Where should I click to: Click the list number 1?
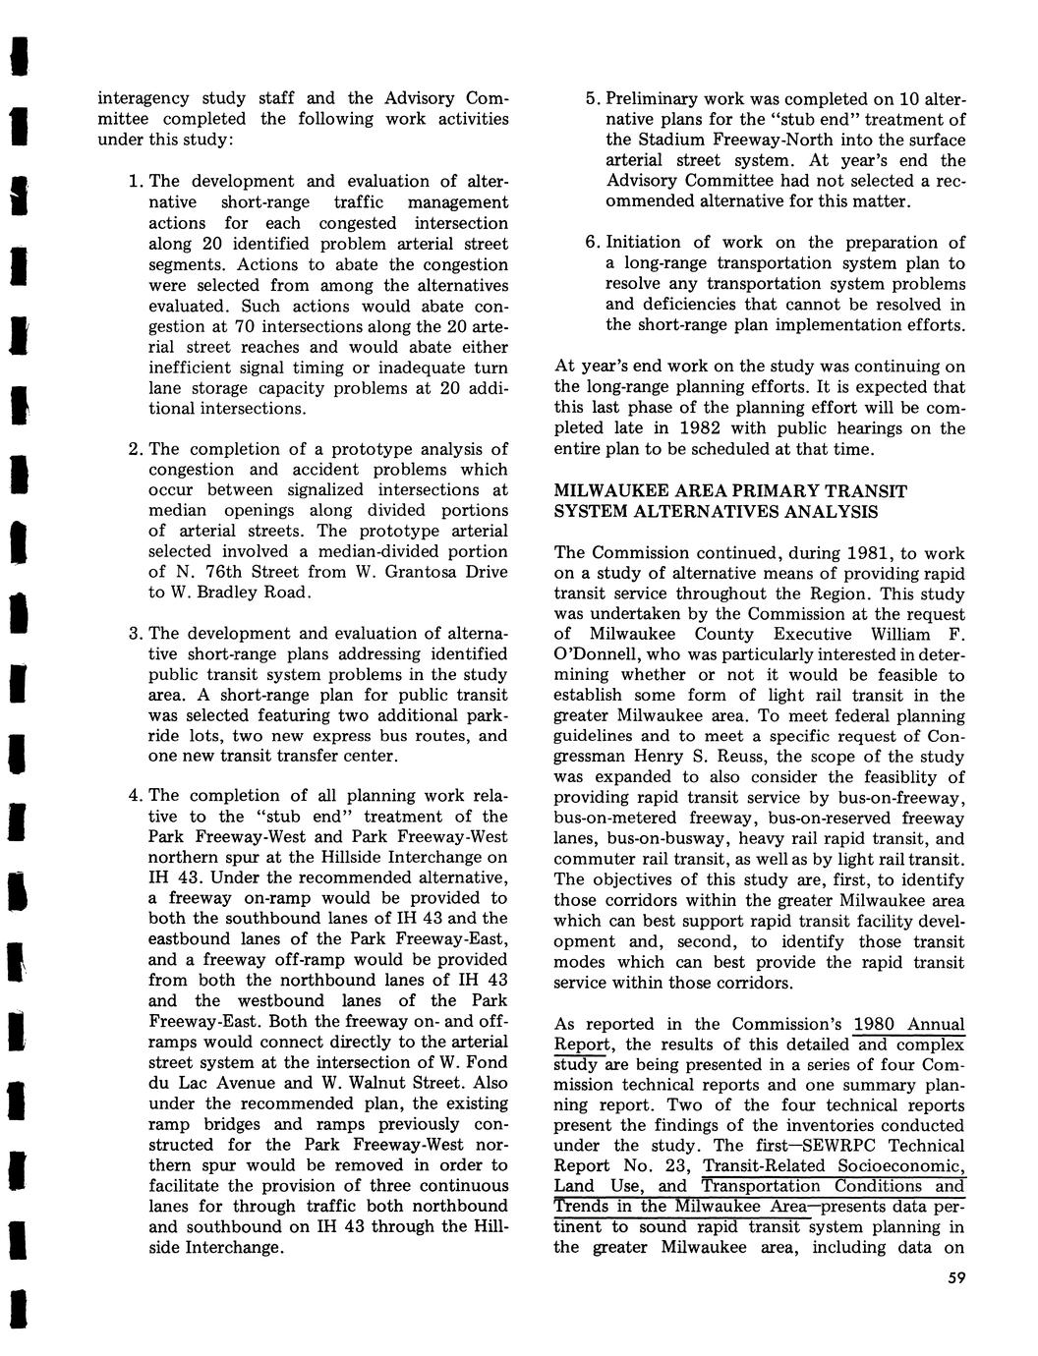coord(135,181)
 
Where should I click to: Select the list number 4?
coord(135,795)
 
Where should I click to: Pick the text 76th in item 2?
coord(198,572)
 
